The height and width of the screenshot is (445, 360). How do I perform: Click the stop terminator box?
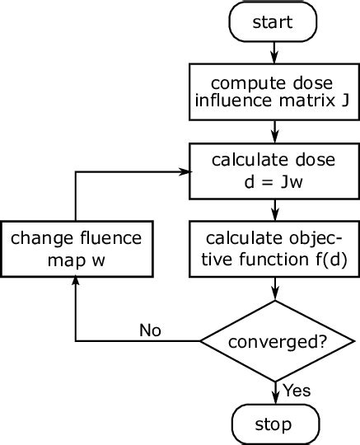[273, 424]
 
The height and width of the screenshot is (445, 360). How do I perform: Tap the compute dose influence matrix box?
[273, 93]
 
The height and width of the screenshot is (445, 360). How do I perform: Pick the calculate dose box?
[273, 171]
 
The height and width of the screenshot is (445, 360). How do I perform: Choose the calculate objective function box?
[273, 247]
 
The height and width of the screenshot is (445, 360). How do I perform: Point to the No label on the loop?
[150, 330]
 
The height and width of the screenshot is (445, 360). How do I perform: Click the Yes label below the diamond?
[297, 390]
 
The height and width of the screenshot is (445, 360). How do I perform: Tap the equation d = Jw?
[273, 182]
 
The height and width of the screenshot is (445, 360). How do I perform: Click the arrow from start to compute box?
[273, 54]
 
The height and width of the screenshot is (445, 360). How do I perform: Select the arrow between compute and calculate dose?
[273, 132]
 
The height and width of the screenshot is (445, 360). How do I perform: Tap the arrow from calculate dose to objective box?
[273, 209]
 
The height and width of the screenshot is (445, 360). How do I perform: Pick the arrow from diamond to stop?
[273, 390]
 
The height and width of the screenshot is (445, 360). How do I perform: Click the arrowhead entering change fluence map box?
[76, 283]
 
